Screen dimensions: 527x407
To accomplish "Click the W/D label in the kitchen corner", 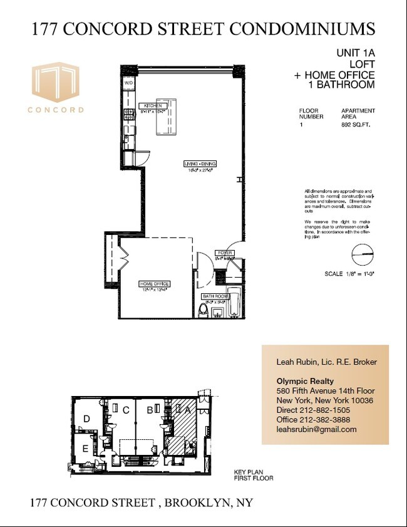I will tap(128, 83).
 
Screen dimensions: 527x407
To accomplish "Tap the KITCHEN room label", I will tap(150, 106).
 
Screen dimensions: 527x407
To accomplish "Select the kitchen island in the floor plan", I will tap(167, 117).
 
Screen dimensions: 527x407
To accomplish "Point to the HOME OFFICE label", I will tap(154, 284).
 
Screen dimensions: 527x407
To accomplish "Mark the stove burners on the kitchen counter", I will tap(129, 114).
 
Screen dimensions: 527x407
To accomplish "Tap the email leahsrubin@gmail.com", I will tap(316, 429).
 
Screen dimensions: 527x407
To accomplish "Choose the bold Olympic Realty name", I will tap(305, 382).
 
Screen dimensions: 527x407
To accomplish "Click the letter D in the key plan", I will tap(88, 419).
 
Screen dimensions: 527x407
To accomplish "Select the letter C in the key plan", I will tap(126, 410).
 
